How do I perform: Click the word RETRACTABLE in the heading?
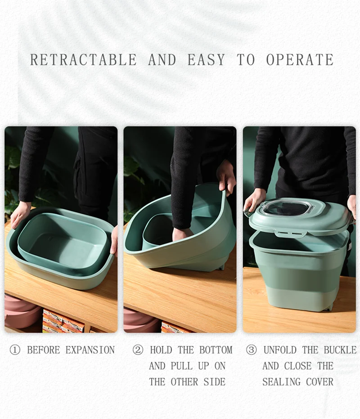[83, 59]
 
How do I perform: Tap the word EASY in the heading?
[206, 59]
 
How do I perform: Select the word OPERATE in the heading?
[300, 59]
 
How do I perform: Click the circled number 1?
[15, 350]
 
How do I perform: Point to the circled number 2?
[138, 350]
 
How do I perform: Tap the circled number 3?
[251, 350]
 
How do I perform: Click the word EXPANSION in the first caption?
[90, 350]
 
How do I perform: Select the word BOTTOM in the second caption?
[216, 350]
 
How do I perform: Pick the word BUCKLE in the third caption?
[340, 350]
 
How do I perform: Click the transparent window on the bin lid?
[287, 208]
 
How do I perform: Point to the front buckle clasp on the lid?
[291, 233]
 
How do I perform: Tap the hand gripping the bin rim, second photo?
[226, 178]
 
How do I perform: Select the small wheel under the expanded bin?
[329, 307]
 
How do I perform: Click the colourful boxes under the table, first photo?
[63, 321]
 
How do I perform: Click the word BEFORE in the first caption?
[44, 350]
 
